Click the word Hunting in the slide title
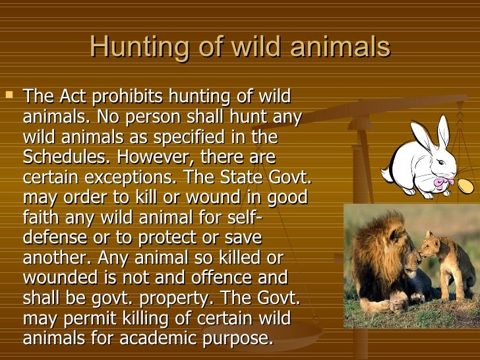pos(139,47)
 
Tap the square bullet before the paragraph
pos(9,94)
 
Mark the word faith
pos(41,217)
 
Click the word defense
pos(55,237)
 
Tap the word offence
pos(221,278)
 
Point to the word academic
pos(158,338)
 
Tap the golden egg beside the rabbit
pos(465,185)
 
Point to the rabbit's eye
pos(440,162)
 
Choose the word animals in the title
pos(340,47)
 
